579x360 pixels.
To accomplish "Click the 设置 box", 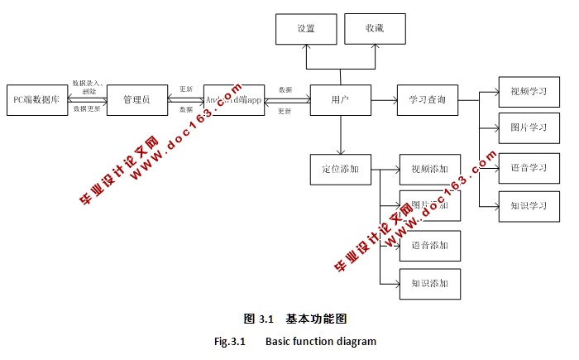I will pos(306,29).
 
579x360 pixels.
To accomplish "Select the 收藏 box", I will pos(375,29).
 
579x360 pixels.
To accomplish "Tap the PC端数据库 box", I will pos(37,99).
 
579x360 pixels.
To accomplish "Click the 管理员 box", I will pos(136,99).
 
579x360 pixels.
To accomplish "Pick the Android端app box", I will pos(234,99).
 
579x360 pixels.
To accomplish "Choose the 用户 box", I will pos(340,100).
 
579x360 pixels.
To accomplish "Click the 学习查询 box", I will pos(428,100).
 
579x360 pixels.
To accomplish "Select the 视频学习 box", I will pos(529,92).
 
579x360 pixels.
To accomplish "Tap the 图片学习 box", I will pos(529,128).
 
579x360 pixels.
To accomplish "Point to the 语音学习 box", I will pos(529,167).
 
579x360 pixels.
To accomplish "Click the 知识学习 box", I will pos(529,205).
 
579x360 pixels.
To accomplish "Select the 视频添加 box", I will pos(429,169).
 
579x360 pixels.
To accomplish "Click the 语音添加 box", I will pos(429,245).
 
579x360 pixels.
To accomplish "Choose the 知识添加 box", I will pos(429,283).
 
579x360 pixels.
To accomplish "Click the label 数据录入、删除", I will pos(88,87).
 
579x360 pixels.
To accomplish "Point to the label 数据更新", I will pos(87,108).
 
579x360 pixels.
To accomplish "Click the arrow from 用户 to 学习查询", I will pos(384,100).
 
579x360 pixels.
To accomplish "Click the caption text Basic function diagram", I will pos(321,341).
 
